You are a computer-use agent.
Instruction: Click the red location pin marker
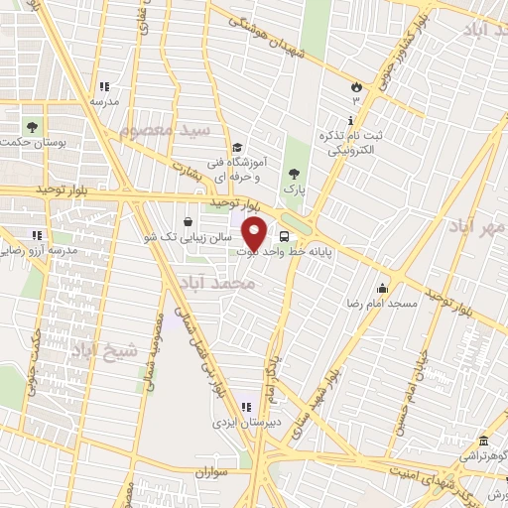pos(254,234)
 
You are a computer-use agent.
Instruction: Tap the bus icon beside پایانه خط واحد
pos(286,237)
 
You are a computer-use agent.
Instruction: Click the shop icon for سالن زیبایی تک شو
pos(190,221)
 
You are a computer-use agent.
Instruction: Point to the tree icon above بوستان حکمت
pos(31,127)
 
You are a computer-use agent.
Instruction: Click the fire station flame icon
pos(355,85)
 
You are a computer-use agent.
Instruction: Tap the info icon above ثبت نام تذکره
pos(351,120)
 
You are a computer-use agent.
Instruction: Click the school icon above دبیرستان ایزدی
pos(245,406)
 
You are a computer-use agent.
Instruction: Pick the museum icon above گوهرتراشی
pos(482,441)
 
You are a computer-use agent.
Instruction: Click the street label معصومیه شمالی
pos(156,353)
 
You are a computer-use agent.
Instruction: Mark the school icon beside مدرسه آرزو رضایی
pos(37,236)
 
